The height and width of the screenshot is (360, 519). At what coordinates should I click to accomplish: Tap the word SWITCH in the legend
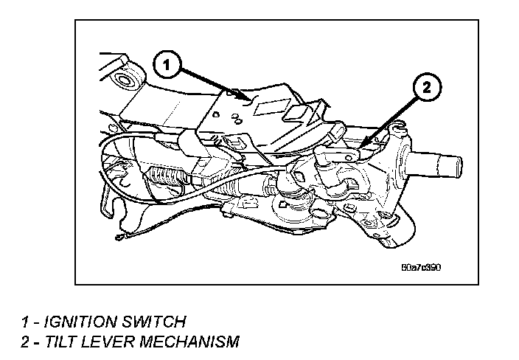point(156,321)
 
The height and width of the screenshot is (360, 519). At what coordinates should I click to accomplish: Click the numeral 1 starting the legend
point(26,321)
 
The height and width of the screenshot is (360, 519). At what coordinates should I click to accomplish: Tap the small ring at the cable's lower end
point(119,238)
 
